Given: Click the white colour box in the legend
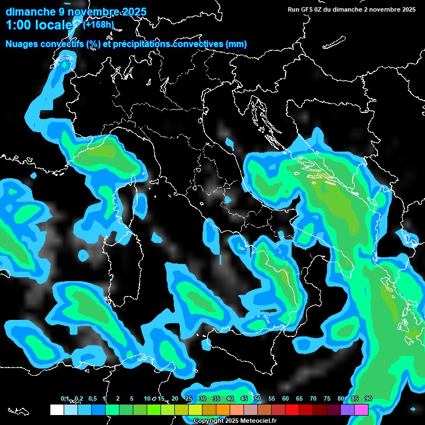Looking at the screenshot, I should [x=57, y=410].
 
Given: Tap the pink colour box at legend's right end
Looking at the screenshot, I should [x=361, y=410].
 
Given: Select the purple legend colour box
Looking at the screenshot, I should [x=348, y=410].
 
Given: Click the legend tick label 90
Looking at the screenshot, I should [x=369, y=398].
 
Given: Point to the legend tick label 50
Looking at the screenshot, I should [x=258, y=398].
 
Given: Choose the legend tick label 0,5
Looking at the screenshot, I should [x=92, y=398].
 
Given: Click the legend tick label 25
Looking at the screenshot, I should [x=189, y=398].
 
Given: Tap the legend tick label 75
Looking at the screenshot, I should [x=327, y=398].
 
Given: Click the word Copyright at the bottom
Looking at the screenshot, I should [x=209, y=421].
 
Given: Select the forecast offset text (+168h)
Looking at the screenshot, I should [x=98, y=24].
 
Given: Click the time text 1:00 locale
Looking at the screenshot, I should [x=42, y=25].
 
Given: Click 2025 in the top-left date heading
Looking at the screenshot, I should [x=133, y=12].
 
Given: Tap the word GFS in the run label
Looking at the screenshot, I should [x=307, y=9].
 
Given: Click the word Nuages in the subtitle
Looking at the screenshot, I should [x=22, y=44].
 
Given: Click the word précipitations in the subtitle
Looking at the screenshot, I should [x=141, y=44].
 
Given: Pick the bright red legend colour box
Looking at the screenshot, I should [x=292, y=410].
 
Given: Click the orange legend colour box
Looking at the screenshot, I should [x=223, y=410].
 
